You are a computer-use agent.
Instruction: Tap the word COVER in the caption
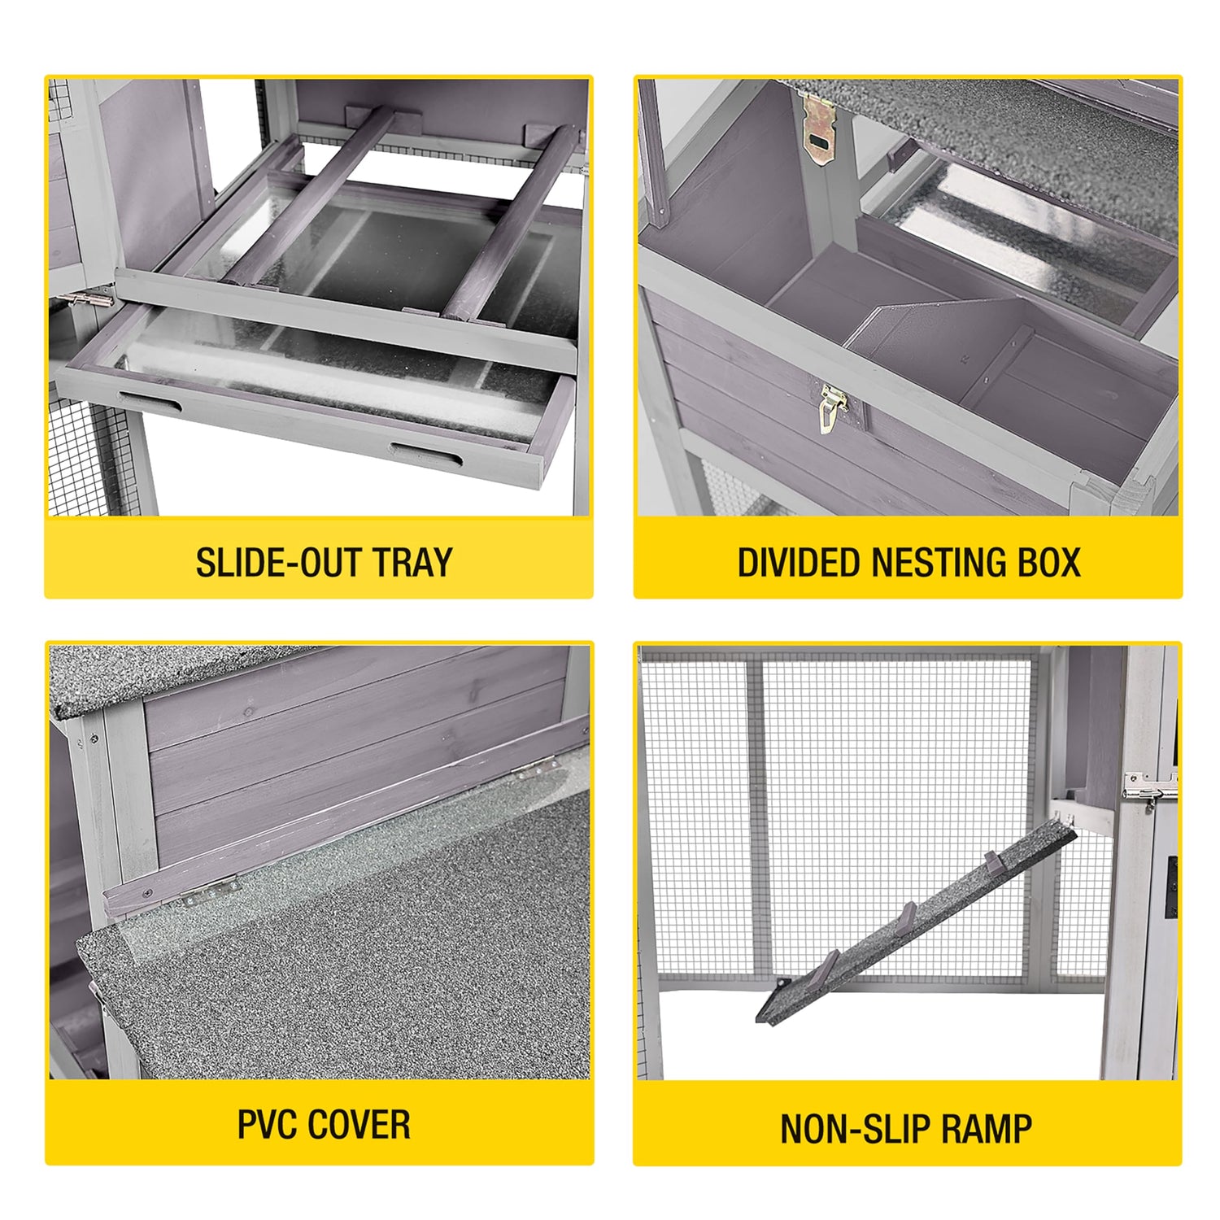click(359, 1125)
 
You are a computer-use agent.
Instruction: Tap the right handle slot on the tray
click(425, 455)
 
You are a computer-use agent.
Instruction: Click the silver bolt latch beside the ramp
click(1150, 786)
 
